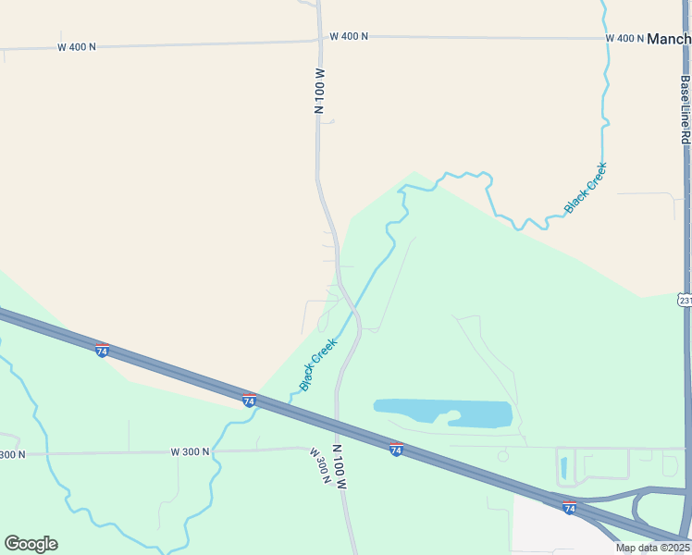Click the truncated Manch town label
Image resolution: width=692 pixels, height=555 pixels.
point(669,39)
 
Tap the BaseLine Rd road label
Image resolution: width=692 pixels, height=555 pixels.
point(685,109)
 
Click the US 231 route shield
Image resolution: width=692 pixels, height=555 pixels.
point(685,301)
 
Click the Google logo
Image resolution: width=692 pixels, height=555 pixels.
point(31,544)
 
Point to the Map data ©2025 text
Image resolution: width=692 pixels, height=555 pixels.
point(652,548)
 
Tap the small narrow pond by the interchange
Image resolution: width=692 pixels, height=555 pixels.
point(564,468)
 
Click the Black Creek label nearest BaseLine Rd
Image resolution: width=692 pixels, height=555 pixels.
point(586,188)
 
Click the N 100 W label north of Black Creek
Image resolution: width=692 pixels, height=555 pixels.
point(320,91)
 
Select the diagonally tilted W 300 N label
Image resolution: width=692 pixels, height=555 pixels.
point(320,466)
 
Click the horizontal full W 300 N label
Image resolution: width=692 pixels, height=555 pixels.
point(191,451)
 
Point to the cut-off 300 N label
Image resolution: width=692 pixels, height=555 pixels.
point(12,454)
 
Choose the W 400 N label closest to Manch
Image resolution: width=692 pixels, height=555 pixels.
point(624,38)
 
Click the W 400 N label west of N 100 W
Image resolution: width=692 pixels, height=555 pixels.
point(77,46)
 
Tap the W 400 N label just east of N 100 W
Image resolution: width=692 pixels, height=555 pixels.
point(349,36)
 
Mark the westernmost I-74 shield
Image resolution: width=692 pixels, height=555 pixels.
point(102,351)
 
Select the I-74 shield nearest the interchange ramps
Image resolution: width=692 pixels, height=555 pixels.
point(569,508)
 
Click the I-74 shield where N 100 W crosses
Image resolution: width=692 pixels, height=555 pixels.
point(396,450)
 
